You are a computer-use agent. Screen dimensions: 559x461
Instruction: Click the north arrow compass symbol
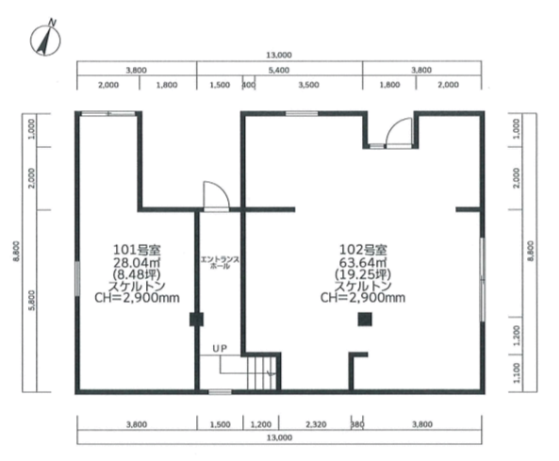45,40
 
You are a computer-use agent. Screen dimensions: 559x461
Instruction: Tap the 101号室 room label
137,250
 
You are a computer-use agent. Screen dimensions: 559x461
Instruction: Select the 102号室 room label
363,250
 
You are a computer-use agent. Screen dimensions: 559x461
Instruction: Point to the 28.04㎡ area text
137,262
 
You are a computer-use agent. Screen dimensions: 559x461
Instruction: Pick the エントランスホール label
220,262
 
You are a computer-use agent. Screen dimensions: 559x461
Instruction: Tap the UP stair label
220,348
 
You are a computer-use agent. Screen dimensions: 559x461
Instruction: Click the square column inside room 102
365,320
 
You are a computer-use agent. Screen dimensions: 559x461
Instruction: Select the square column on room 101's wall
196,320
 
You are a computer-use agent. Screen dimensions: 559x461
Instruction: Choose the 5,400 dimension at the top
279,71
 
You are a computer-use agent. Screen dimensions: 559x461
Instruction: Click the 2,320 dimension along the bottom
316,424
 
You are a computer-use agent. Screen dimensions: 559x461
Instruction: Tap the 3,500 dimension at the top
309,85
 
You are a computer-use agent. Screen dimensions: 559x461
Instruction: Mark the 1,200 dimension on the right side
518,335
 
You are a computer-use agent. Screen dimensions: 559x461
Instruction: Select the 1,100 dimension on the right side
518,373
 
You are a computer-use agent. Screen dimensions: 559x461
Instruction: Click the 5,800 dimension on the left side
32,301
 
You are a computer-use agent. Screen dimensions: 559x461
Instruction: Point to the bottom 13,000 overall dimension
279,437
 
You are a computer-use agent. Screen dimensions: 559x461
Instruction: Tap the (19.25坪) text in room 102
363,274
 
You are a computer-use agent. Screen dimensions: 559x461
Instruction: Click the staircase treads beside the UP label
262,372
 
